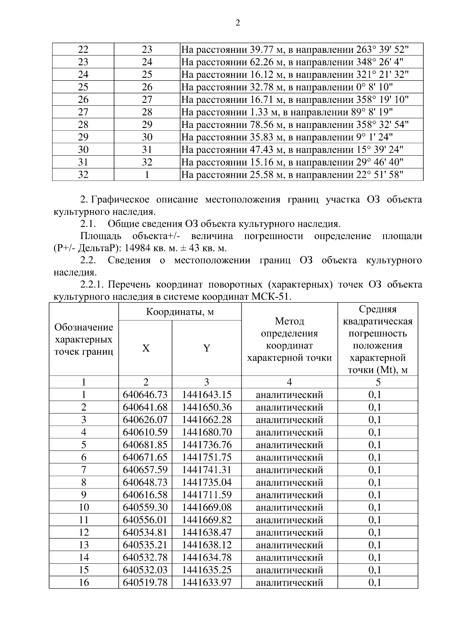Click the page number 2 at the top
(x=238, y=23)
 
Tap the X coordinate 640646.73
(x=145, y=395)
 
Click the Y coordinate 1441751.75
(x=207, y=457)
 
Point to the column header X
(x=146, y=348)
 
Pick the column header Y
(x=207, y=348)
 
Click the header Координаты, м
(x=180, y=312)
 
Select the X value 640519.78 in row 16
(x=145, y=583)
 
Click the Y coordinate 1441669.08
(x=207, y=507)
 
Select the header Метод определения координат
(x=289, y=339)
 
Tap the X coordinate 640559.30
(x=145, y=507)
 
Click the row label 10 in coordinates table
(x=84, y=507)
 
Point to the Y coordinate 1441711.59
(x=207, y=495)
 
